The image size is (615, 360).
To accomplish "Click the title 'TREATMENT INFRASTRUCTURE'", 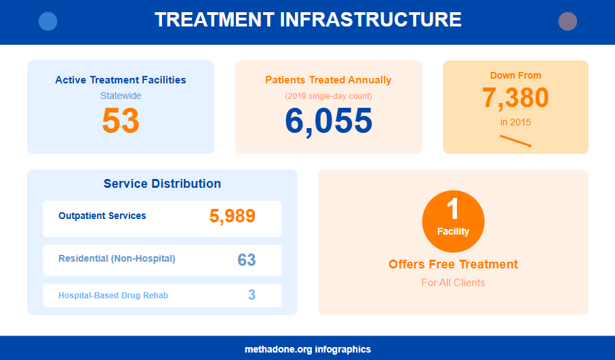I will point(308,20).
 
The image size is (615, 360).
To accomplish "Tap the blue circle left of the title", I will point(48,22).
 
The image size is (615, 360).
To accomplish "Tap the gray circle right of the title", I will point(568,22).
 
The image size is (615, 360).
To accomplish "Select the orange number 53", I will point(121,121).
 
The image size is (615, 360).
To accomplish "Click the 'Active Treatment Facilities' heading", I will point(121,80).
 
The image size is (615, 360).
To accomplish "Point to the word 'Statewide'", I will point(121,96).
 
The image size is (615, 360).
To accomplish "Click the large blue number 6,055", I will point(328,121).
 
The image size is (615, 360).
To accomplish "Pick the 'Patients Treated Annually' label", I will point(328,80).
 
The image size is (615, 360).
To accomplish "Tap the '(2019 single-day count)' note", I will point(328,96).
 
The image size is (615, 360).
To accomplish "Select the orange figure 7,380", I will point(515,98).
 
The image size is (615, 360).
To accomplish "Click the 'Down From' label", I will point(515,75).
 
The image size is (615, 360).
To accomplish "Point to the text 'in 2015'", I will point(515,123).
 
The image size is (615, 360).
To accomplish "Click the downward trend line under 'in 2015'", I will point(515,140).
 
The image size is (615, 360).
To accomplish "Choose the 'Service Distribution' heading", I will point(162,184).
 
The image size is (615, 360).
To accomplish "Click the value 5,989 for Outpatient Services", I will point(232,216).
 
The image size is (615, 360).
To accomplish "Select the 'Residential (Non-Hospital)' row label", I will point(117,258).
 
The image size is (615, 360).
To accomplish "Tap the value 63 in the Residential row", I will point(246,260).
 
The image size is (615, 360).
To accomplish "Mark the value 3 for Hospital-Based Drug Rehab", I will point(252,295).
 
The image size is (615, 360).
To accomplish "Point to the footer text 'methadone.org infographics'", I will point(308,349).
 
